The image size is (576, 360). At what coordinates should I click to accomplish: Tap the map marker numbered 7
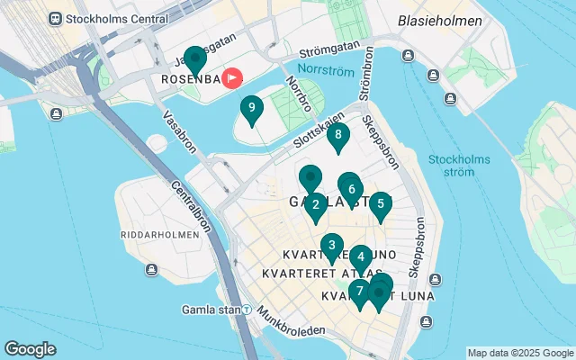pos(359,292)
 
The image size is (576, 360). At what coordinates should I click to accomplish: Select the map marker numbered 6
pos(351,190)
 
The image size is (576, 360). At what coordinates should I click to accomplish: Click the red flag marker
pos(232,78)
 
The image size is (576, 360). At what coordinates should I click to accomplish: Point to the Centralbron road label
pos(190,206)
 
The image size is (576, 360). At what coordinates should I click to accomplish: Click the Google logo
pos(30,349)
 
